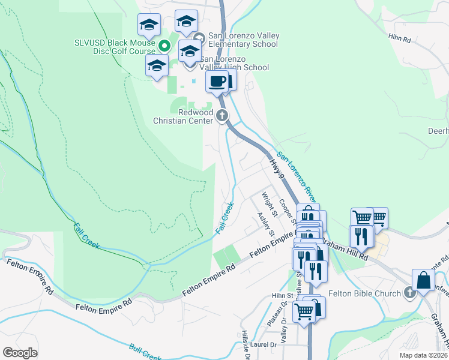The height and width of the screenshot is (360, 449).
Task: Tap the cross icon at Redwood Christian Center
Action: (x=223, y=115)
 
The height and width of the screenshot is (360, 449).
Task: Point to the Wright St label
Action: (x=268, y=205)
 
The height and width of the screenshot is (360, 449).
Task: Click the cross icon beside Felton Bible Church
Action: (x=409, y=293)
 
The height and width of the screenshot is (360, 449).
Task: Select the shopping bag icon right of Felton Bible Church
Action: (x=423, y=280)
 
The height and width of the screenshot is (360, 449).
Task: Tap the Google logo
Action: (x=20, y=353)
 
